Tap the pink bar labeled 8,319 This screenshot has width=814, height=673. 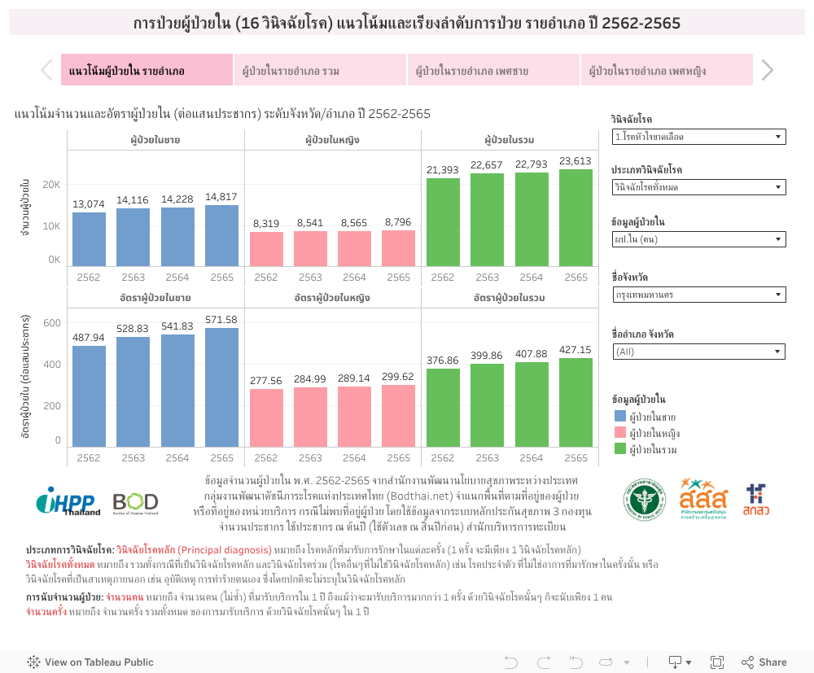tap(266, 248)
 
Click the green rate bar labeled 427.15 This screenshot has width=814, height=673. tap(575, 402)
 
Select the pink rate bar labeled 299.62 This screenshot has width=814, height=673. tap(399, 415)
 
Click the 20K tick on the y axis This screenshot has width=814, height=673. tap(52, 185)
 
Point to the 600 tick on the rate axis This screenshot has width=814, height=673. tap(52, 323)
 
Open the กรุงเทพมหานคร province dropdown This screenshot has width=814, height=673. tap(698, 295)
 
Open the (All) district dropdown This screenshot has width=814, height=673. tap(698, 352)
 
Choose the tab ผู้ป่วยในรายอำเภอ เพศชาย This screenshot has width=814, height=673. tap(493, 71)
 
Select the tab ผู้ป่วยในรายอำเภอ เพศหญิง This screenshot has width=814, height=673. tap(667, 71)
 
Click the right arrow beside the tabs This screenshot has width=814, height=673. tap(767, 71)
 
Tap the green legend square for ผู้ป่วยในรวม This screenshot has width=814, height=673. tap(619, 448)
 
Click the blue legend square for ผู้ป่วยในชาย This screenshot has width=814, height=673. tap(619, 416)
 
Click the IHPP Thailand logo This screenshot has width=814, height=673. tap(68, 501)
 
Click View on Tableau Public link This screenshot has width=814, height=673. tap(90, 662)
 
